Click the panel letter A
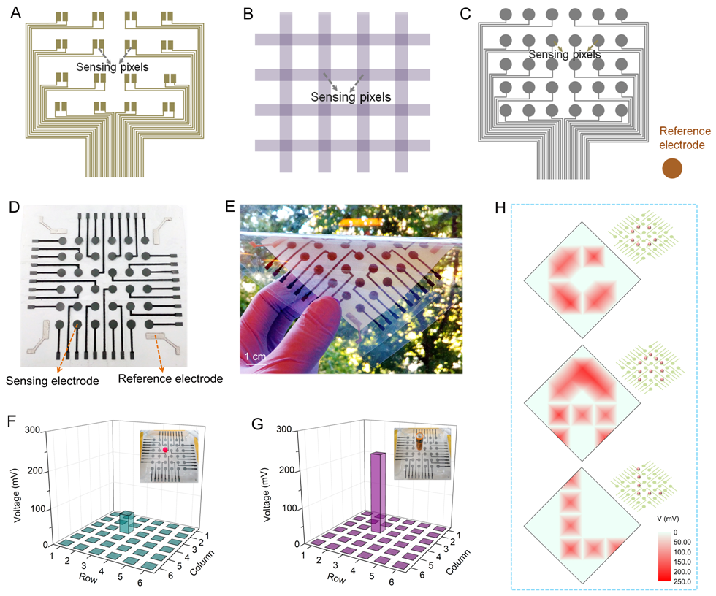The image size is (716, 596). click(15, 12)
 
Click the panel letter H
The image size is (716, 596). click(500, 208)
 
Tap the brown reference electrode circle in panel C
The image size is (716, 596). click(672, 169)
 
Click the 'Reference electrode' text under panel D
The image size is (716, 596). click(170, 378)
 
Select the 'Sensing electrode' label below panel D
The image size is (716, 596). click(53, 381)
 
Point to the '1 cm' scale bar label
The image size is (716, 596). click(255, 356)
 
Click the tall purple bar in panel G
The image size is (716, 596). click(378, 492)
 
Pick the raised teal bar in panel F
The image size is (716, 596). click(127, 521)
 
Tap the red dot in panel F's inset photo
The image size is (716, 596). click(165, 450)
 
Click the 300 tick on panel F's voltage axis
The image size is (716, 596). click(32, 430)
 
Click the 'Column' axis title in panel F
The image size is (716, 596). click(202, 562)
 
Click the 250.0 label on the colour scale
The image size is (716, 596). click(682, 581)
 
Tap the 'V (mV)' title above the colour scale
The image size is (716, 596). click(668, 519)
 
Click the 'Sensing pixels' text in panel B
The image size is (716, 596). click(351, 96)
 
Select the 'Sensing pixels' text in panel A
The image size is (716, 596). click(113, 67)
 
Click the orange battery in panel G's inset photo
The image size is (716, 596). click(419, 442)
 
